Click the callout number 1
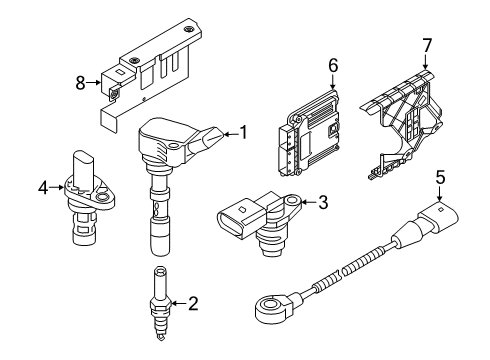(x=244, y=132)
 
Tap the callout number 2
(x=193, y=303)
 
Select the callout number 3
(x=323, y=202)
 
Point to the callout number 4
(x=43, y=188)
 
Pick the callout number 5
(x=440, y=177)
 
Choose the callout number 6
(x=333, y=65)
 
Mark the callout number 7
(x=427, y=46)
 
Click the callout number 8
(x=80, y=83)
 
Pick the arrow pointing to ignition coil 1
(x=231, y=134)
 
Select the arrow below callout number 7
(x=426, y=62)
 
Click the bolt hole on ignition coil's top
(x=174, y=146)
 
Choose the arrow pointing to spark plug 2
(x=179, y=303)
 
